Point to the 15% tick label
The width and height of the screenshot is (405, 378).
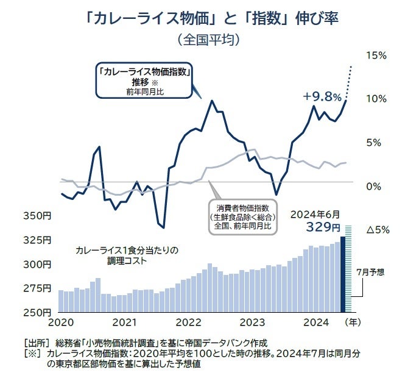tap(377, 55)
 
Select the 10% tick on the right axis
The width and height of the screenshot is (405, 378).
tap(377, 99)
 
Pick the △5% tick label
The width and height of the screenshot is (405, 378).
tap(376, 230)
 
